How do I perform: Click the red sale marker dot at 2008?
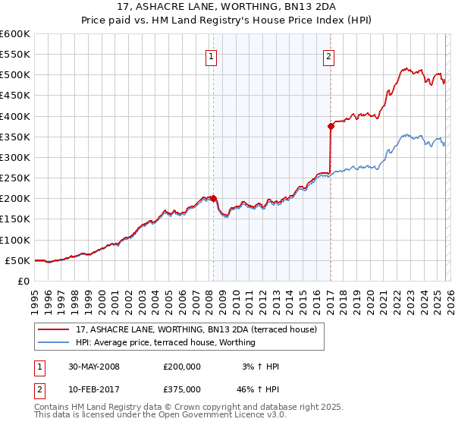[x=213, y=198]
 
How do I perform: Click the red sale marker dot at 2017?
[x=331, y=126]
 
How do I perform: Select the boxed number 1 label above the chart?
[x=210, y=55]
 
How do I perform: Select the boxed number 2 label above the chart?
[x=328, y=55]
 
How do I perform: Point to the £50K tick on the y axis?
[x=17, y=260]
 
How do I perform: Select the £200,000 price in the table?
[x=181, y=367]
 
